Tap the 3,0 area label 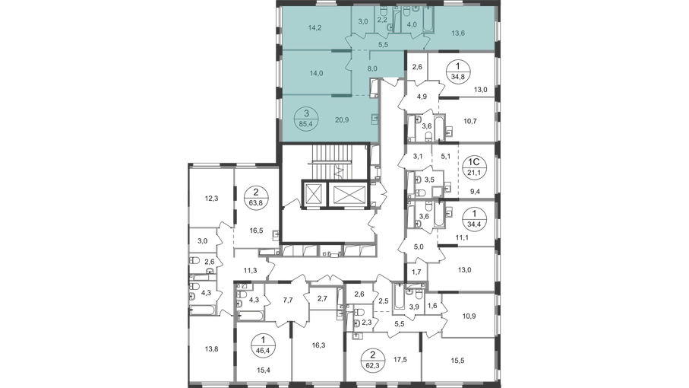pos(363,23)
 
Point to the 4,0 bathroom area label pos(413,24)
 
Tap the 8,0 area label pos(371,68)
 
